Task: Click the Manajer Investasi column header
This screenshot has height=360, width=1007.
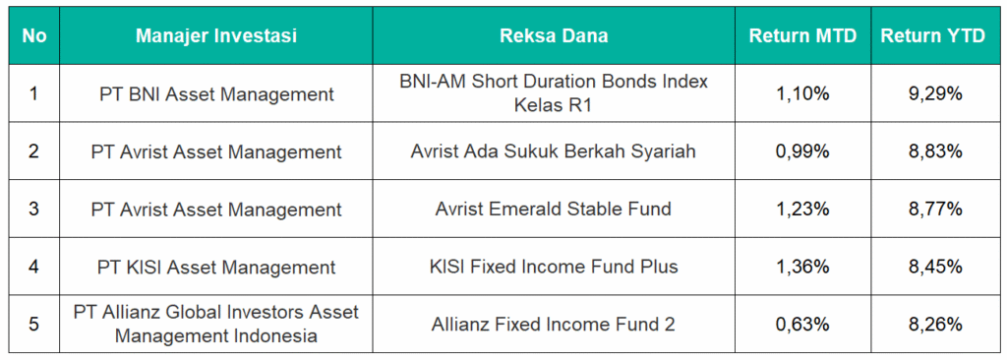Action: click(216, 36)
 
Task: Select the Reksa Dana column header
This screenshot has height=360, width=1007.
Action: click(554, 36)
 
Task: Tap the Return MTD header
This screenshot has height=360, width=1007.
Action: click(802, 36)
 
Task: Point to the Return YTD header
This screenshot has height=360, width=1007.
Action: click(932, 36)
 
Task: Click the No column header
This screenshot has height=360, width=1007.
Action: click(34, 36)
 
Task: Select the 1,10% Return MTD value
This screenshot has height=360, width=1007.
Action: click(802, 93)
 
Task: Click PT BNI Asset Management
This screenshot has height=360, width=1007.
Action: click(216, 94)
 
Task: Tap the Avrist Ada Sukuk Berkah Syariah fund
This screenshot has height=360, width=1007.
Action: click(554, 152)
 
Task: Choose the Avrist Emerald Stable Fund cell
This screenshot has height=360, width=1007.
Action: click(554, 209)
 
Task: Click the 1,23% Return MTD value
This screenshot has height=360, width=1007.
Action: click(802, 209)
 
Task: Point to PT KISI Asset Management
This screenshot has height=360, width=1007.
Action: click(216, 267)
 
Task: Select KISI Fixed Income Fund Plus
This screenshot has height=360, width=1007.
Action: click(554, 267)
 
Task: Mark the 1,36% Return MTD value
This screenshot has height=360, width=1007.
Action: click(802, 267)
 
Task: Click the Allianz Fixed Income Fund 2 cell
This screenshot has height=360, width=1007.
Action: click(554, 324)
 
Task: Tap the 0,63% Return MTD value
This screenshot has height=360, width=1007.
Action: click(802, 324)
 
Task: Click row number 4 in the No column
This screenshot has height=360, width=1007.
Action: click(34, 267)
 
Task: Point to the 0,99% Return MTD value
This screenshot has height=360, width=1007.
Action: click(802, 151)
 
